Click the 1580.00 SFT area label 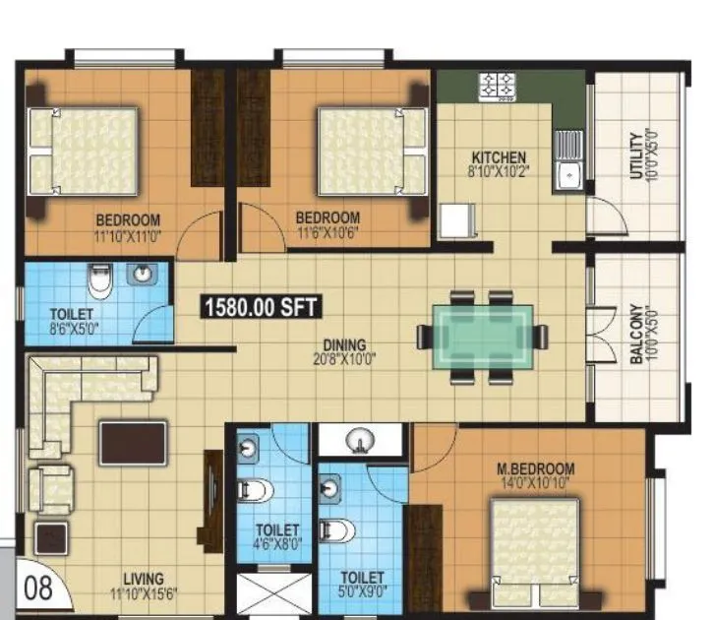click(x=262, y=307)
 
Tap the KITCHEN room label click(x=499, y=157)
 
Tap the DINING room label click(x=344, y=345)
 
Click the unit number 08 click(x=38, y=590)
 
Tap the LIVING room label click(x=138, y=579)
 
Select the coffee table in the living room click(x=133, y=443)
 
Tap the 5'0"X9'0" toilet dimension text click(x=362, y=592)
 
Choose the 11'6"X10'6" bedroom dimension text click(x=327, y=233)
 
